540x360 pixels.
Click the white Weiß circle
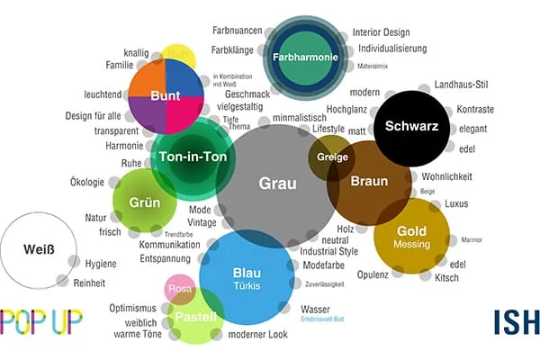[35, 250]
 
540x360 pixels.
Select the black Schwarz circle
[411, 126]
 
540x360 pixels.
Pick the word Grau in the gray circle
[277, 183]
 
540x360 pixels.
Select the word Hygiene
[101, 263]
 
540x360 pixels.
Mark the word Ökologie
[87, 183]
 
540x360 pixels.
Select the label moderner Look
[258, 336]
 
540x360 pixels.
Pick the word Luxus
[457, 203]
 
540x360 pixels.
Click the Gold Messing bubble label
[411, 237]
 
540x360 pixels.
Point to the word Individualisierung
[392, 49]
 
